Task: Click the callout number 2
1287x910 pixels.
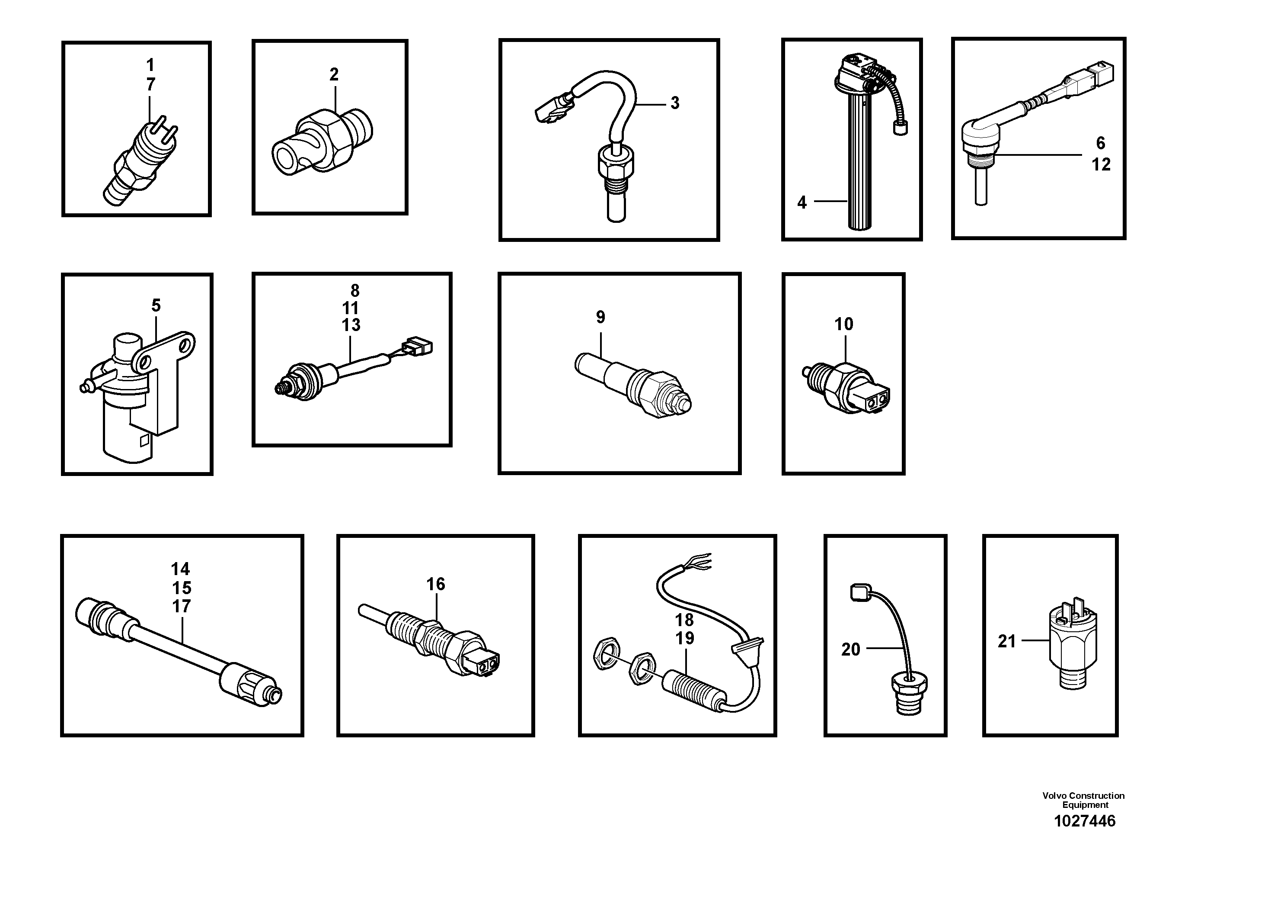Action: click(x=334, y=74)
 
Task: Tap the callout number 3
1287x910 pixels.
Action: click(x=675, y=103)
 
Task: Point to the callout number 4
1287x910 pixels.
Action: click(x=802, y=203)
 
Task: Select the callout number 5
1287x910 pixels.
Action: click(x=156, y=306)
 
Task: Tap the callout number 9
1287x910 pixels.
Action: click(x=600, y=318)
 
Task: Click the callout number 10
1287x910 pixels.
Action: click(x=843, y=324)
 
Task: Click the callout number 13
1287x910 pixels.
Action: click(x=351, y=325)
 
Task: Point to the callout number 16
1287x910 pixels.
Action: click(x=435, y=584)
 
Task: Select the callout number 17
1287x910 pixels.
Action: click(x=181, y=607)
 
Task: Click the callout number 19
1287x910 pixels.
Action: click(x=684, y=638)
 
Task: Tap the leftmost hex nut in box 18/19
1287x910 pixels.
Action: click(x=607, y=653)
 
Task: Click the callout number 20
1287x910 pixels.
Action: click(x=850, y=650)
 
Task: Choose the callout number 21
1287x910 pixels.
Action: click(x=1007, y=641)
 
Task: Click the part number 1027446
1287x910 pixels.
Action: click(x=1085, y=821)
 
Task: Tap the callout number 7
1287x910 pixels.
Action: click(x=150, y=85)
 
